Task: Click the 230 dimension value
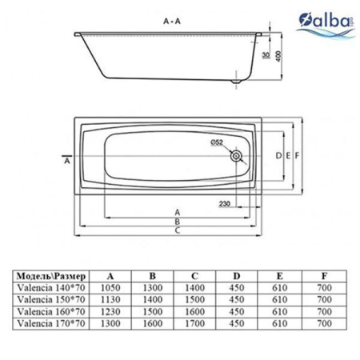[225, 205]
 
